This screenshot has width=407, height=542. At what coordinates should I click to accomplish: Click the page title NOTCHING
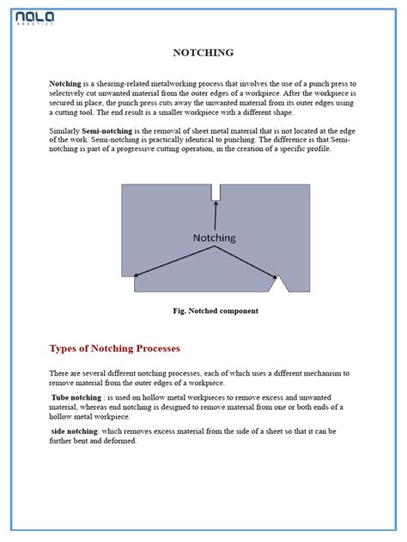pyautogui.click(x=203, y=53)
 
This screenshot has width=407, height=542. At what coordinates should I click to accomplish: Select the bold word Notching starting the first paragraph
pyautogui.click(x=65, y=83)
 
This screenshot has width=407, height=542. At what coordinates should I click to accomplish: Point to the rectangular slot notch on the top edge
pyautogui.click(x=216, y=192)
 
